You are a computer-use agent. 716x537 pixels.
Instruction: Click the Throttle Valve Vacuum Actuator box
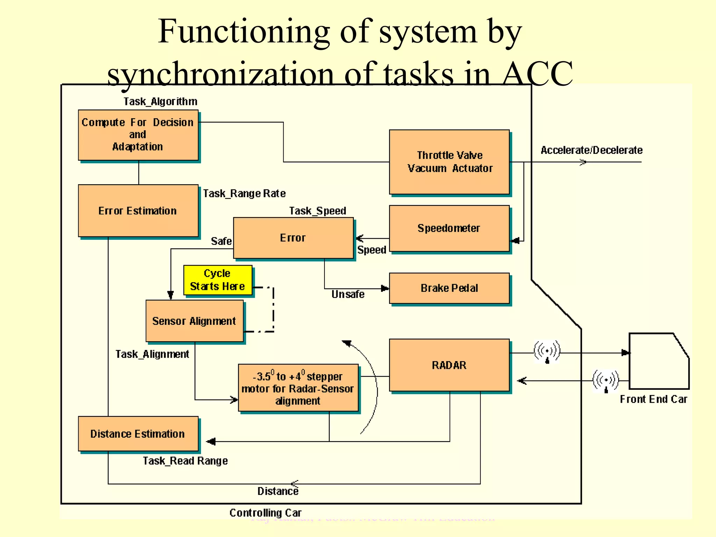(449, 162)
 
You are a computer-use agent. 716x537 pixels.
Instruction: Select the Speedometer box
(449, 228)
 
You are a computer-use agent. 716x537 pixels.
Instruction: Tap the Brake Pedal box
(449, 288)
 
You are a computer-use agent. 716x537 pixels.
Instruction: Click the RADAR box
(449, 365)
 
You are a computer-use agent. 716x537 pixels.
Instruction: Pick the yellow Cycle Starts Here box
(217, 280)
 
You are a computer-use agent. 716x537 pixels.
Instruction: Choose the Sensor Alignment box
(194, 321)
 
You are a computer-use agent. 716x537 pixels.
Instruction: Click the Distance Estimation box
(138, 434)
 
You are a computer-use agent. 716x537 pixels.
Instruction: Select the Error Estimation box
(138, 211)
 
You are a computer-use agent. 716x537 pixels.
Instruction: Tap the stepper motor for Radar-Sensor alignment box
(298, 388)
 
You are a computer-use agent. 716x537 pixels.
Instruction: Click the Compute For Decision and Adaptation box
(138, 135)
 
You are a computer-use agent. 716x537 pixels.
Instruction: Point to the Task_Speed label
(317, 211)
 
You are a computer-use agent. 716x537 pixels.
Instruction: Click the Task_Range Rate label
(244, 193)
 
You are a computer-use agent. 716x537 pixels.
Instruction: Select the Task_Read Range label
(185, 461)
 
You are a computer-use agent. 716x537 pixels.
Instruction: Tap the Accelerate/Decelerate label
(592, 150)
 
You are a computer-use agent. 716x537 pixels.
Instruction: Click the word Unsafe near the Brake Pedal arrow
(348, 294)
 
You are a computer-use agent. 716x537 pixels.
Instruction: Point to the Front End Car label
(653, 399)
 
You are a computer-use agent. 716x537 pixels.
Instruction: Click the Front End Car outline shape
(657, 362)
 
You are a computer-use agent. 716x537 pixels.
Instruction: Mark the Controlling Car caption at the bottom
(265, 513)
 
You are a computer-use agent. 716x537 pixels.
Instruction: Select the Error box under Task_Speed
(293, 238)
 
